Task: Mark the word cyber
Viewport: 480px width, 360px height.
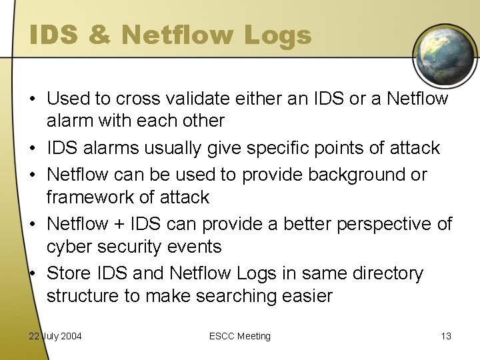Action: [69, 247]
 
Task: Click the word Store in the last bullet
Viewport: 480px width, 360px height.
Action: [67, 273]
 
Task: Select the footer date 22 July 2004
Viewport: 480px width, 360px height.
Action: [55, 336]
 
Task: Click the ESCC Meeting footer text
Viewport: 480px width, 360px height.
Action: [239, 336]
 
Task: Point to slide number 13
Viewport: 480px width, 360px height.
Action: [445, 336]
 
